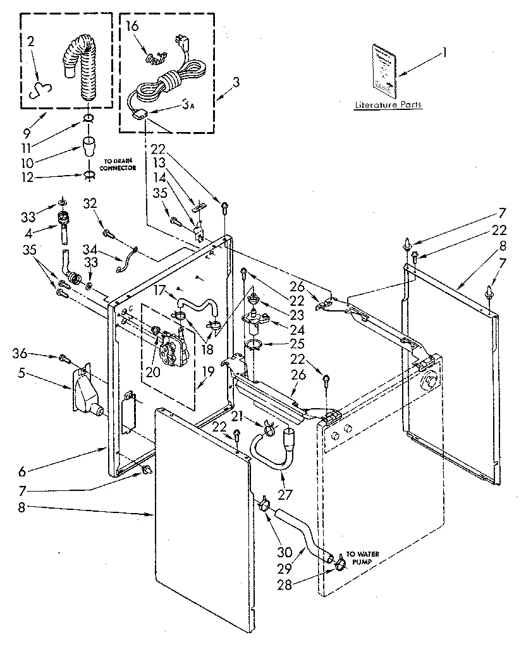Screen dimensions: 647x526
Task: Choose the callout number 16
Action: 132,26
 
